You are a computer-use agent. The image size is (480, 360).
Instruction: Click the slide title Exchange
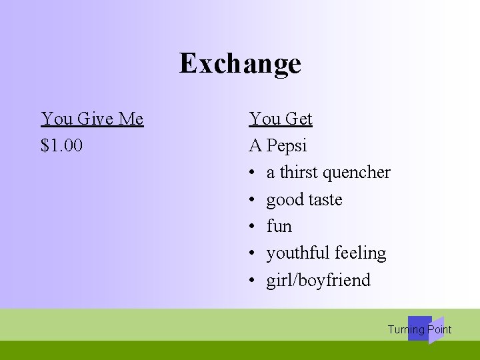240,64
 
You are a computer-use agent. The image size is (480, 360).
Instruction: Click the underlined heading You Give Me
92,119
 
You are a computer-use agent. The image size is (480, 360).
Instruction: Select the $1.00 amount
61,145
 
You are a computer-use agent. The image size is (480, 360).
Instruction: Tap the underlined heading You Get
281,119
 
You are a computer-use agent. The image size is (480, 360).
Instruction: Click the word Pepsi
287,145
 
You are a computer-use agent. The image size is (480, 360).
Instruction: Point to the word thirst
299,172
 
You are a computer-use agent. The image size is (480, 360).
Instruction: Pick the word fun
279,226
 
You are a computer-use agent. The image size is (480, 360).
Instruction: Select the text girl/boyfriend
318,280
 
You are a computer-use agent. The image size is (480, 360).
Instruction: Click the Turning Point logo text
419,329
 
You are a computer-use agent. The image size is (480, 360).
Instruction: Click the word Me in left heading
131,119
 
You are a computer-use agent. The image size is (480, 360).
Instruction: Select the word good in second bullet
283,200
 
